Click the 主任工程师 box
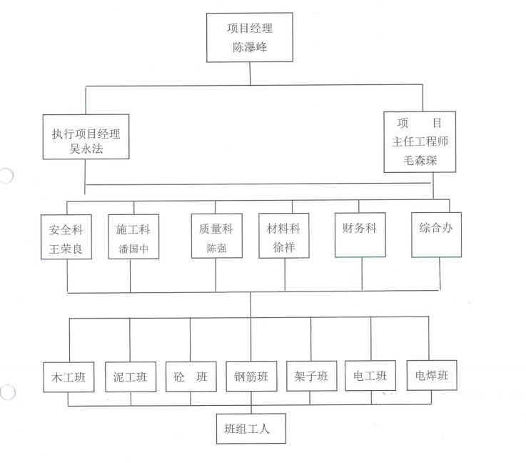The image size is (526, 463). point(419,142)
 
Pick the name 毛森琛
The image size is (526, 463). point(419,161)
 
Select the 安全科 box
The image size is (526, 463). point(68,238)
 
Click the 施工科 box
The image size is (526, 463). point(133,238)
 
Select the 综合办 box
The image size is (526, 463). point(437,232)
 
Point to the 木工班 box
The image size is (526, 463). point(69,377)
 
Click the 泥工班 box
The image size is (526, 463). point(130,377)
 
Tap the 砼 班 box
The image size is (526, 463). point(191,377)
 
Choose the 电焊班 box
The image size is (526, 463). point(431,375)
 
